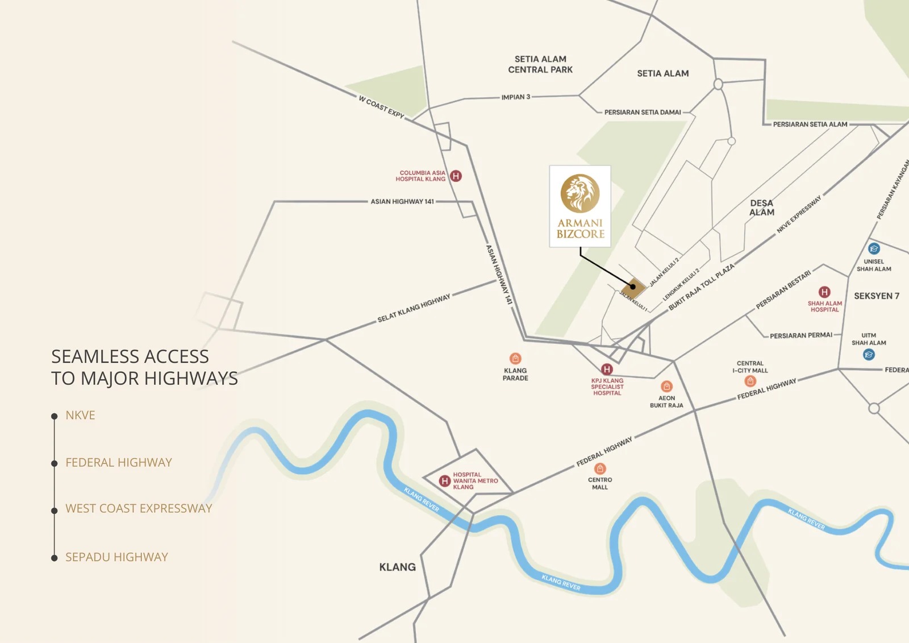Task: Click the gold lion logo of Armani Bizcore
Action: (x=580, y=193)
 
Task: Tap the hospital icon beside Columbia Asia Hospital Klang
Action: (x=456, y=176)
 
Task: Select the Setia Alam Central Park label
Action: (x=540, y=64)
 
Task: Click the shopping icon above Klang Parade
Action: (x=515, y=358)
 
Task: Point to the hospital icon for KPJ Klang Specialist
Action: (x=607, y=369)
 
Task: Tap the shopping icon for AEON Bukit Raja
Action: (x=667, y=387)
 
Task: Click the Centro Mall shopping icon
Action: (x=600, y=468)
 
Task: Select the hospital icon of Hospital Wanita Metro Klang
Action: (x=445, y=481)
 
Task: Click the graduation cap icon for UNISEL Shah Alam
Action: (x=874, y=248)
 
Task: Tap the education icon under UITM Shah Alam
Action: (x=869, y=355)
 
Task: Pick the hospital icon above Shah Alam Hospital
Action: (x=824, y=292)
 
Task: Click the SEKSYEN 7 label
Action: (x=877, y=296)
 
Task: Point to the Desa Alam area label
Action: (x=762, y=208)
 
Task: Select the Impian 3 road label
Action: (x=515, y=97)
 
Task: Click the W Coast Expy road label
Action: (x=381, y=107)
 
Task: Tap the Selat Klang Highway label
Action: (x=414, y=309)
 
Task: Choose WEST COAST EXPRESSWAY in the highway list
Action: (x=139, y=508)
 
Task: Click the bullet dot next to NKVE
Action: (x=55, y=416)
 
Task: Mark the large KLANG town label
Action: (x=397, y=567)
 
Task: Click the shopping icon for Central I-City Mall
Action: (x=750, y=381)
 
